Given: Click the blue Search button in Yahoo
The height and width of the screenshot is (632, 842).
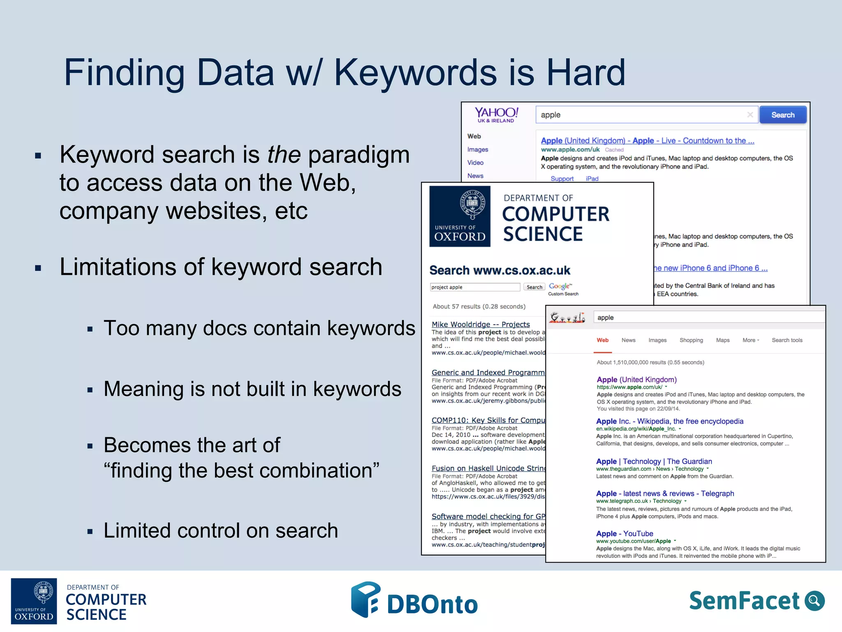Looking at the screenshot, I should tap(782, 115).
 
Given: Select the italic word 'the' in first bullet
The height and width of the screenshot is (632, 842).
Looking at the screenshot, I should tap(284, 155).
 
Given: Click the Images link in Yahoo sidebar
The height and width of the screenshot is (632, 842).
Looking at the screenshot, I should tap(477, 149).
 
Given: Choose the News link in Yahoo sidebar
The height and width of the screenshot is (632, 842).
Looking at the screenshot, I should tap(475, 176).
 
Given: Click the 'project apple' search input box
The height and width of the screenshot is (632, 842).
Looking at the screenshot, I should tap(474, 287).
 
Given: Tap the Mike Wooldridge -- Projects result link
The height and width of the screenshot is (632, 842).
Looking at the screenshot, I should tap(480, 324).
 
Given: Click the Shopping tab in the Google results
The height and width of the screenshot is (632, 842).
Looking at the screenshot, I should tap(691, 340).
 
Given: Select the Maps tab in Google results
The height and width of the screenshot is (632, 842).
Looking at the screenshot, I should tap(722, 340).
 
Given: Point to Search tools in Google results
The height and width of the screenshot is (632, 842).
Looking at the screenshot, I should tap(786, 340).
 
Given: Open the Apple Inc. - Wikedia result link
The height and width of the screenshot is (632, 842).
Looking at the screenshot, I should tap(669, 421).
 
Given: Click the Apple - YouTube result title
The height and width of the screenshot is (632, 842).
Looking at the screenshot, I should tap(624, 534).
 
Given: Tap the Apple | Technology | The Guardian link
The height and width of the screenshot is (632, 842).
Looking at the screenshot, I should tap(654, 461).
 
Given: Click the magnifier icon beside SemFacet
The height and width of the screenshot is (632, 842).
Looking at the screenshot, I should tap(814, 601).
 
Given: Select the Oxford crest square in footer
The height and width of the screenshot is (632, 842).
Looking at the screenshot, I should tap(34, 601).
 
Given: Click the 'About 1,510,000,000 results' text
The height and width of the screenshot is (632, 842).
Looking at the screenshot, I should tap(650, 362).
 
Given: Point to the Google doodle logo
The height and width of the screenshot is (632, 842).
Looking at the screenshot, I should tap(567, 317).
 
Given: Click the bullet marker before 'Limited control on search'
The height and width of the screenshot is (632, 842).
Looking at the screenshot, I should tap(90, 532).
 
